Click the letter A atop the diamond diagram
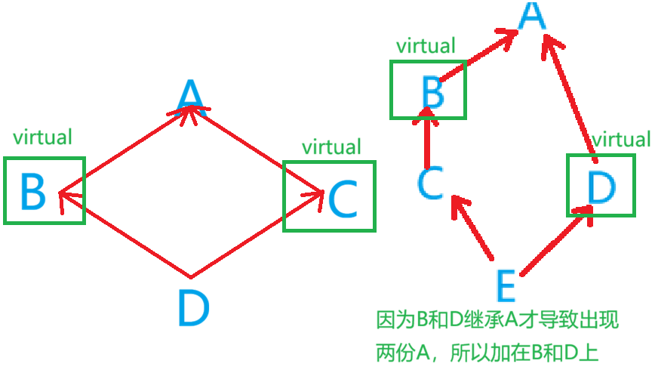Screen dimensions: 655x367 [190, 96]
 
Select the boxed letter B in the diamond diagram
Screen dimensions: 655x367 [33, 192]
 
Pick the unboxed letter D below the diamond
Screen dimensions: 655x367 [194, 308]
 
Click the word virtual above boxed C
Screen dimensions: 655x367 [331, 146]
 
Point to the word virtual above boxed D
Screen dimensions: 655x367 [621, 140]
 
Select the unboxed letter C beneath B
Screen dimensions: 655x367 [430, 183]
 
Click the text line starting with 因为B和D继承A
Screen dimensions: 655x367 [497, 320]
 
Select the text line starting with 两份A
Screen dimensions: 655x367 [487, 352]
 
